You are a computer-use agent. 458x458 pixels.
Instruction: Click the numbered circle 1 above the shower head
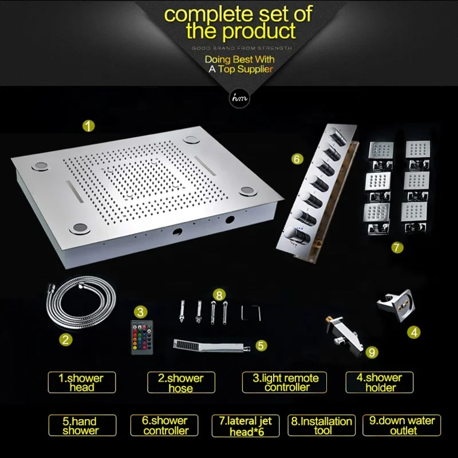tap(89, 126)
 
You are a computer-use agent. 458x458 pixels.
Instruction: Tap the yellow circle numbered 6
tap(297, 159)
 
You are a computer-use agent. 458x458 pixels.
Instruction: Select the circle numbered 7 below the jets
tap(397, 248)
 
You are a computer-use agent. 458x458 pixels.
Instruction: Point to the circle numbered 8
tap(219, 295)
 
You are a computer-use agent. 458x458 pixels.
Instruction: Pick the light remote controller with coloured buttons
tap(141, 337)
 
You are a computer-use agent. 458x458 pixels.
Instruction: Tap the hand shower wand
tap(212, 346)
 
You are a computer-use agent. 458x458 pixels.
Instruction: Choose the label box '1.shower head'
tap(82, 382)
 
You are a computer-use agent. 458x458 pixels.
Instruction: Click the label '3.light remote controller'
tap(285, 382)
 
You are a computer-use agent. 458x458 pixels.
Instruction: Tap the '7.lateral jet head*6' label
tap(246, 425)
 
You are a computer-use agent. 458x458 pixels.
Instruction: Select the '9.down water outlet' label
tap(402, 425)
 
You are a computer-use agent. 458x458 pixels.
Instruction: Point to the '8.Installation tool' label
tap(322, 425)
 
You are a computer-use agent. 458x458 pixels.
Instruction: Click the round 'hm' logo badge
tap(239, 98)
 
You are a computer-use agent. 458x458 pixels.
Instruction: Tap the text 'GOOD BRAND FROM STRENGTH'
tap(242, 48)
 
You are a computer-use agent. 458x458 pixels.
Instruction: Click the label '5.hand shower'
tap(82, 425)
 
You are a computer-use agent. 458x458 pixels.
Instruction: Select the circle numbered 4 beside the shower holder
tap(414, 333)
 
